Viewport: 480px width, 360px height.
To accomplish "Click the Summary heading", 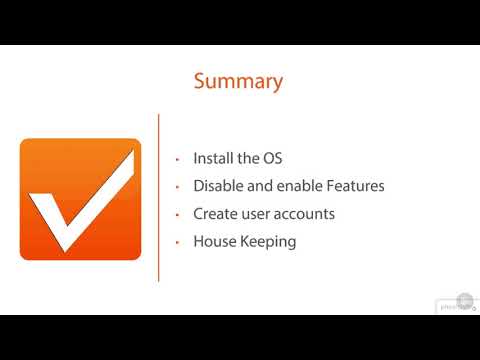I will click(238, 81).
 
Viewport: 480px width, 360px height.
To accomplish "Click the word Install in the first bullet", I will click(213, 159).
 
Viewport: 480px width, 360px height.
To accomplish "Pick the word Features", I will click(354, 186).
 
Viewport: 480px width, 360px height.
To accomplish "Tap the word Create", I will click(216, 214).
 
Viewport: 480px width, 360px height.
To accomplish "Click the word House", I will click(214, 242).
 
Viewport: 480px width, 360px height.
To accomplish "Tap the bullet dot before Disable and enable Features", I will click(176, 187).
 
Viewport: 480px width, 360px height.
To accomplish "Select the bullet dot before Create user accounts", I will click(176, 215).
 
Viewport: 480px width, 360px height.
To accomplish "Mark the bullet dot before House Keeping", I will click(176, 243).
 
